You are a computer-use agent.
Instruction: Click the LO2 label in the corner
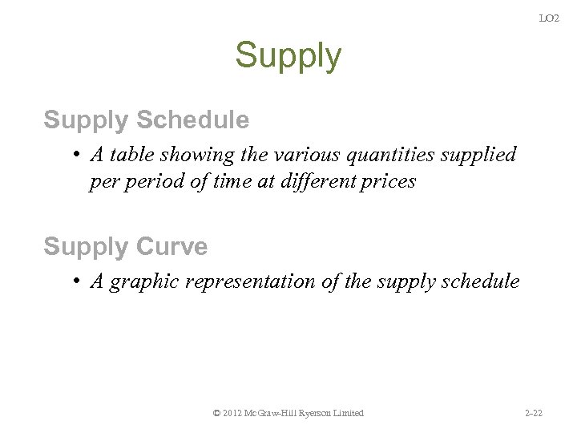point(549,18)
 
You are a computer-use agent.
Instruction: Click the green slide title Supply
point(288,56)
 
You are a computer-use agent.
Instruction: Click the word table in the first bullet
point(130,154)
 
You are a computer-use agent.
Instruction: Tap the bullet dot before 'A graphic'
point(74,281)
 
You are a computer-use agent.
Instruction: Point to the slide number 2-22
point(533,413)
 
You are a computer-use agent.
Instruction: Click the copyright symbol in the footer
point(217,413)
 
